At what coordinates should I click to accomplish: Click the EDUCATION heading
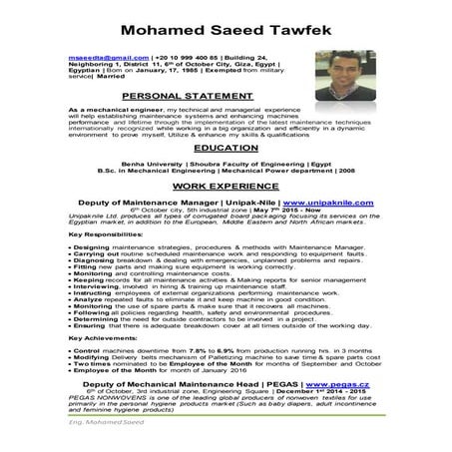coord(226,145)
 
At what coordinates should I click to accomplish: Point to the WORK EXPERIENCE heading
coord(226,185)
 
